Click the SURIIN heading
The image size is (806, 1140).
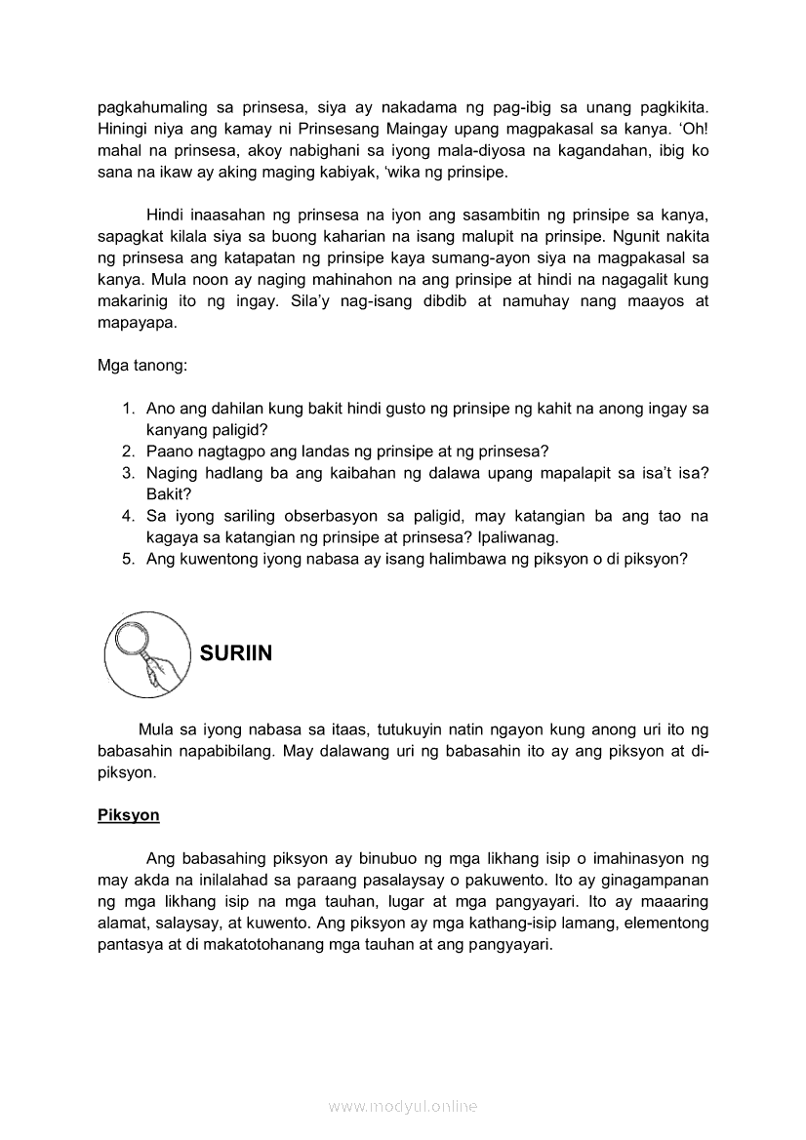[236, 653]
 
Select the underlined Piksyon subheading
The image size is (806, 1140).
[128, 815]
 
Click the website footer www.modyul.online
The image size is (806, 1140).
[403, 1106]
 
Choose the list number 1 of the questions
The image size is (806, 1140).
[128, 409]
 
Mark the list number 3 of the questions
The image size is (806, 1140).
[128, 473]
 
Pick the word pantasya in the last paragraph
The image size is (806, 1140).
[130, 944]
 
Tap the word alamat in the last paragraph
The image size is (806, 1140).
[122, 923]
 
